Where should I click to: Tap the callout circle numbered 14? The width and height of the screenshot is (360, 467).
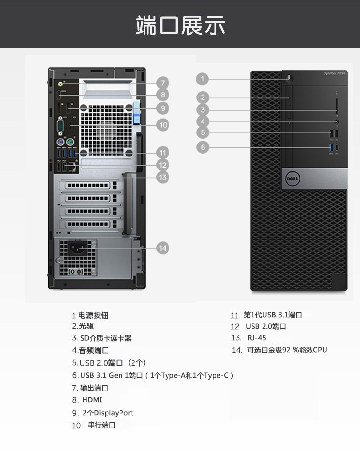click(163, 248)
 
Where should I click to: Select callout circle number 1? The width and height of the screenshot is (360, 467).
click(203, 79)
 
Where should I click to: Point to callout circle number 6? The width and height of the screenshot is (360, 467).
click(203, 147)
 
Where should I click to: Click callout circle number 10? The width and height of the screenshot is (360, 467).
click(163, 125)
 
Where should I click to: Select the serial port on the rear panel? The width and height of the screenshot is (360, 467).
click(61, 127)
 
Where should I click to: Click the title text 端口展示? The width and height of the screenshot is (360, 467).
click(180, 25)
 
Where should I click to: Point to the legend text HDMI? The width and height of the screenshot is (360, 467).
click(92, 400)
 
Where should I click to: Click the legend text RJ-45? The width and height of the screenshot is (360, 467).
click(256, 338)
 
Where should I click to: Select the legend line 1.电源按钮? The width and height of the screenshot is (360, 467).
click(90, 315)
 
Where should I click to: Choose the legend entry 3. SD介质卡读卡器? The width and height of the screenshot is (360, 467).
click(102, 338)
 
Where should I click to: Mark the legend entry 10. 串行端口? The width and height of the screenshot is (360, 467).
click(94, 425)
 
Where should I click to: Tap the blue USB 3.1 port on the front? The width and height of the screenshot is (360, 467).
click(330, 147)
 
